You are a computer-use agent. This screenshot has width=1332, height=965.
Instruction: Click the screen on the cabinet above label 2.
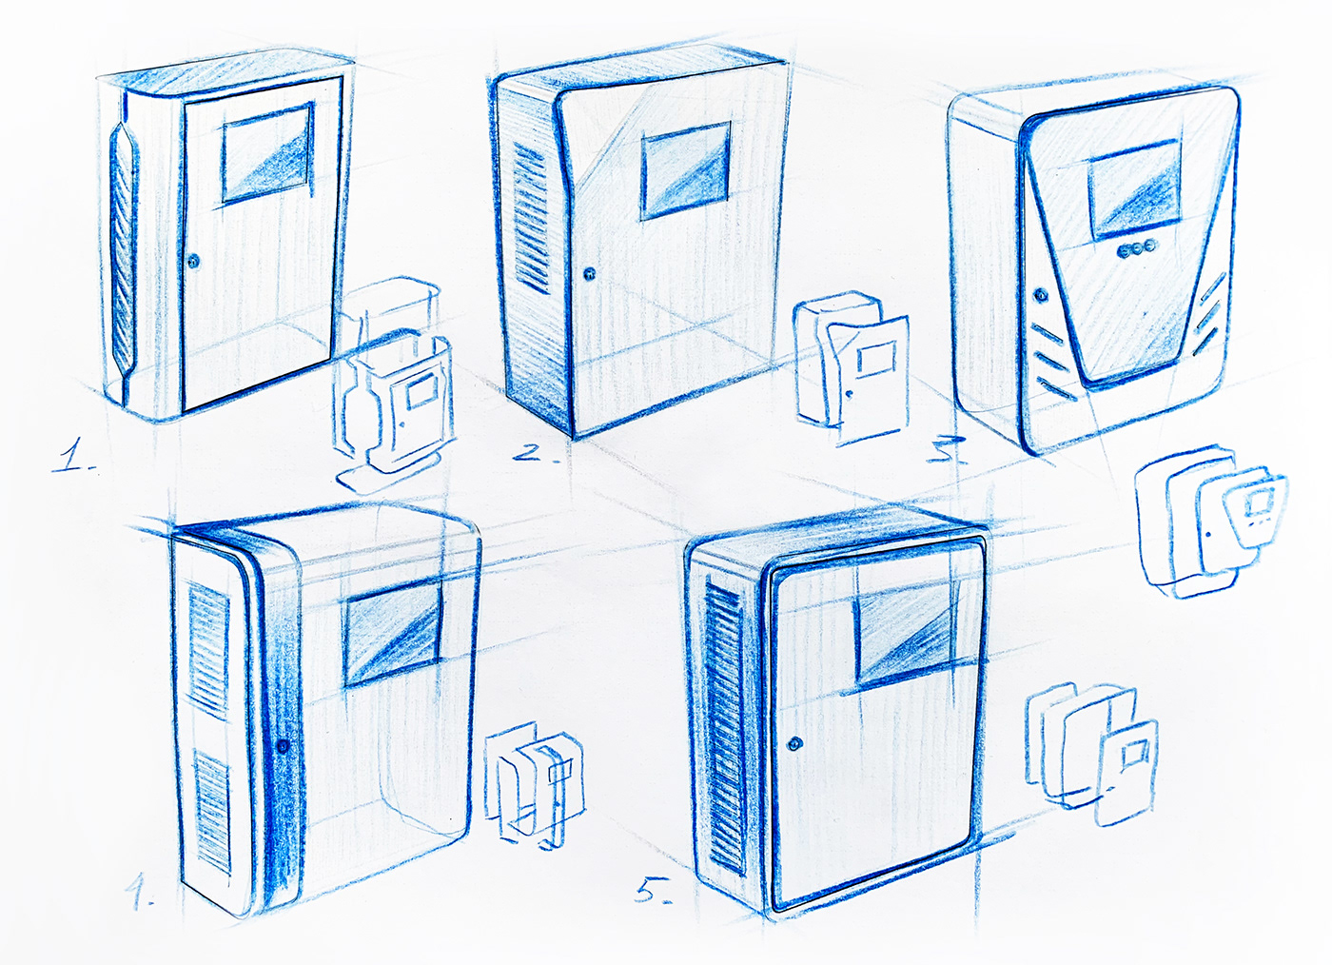(686, 170)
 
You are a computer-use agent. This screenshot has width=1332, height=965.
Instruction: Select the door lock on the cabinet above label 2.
(589, 273)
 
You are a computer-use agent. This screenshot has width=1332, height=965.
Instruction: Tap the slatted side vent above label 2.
(531, 217)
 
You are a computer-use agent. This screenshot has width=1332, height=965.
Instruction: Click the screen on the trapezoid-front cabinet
(1134, 189)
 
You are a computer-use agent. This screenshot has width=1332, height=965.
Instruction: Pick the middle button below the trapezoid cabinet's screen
(1136, 248)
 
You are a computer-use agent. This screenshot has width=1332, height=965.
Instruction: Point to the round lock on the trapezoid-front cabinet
(1041, 294)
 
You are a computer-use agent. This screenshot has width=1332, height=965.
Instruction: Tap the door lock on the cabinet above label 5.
(795, 743)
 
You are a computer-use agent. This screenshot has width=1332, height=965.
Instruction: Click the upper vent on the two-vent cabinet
(209, 652)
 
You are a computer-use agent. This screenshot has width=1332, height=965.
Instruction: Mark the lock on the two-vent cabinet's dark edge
(284, 745)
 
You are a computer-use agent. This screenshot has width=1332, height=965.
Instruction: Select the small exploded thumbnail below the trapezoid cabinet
(1210, 522)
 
